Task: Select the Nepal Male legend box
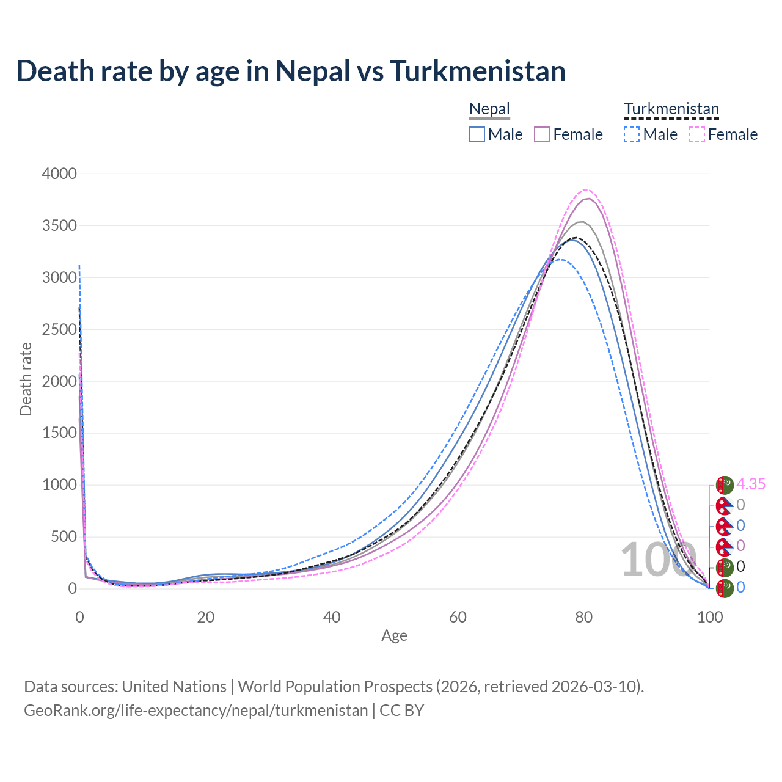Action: coord(477,134)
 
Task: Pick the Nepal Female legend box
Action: coord(542,134)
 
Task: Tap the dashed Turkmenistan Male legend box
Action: coord(632,134)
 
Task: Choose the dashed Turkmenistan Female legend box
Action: coord(697,134)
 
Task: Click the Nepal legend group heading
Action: coord(489,109)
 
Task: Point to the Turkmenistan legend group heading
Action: coord(671,109)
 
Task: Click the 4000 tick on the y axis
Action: coord(59,174)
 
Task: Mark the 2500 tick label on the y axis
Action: coord(59,329)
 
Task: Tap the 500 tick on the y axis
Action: coord(64,537)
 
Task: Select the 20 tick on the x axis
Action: coord(206,617)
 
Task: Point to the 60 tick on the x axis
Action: coord(458,617)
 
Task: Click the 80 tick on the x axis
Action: coord(584,617)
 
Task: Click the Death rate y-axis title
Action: coord(26,379)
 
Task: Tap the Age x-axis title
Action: coord(394,636)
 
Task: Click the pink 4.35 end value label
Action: coord(751,484)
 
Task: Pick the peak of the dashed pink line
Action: coord(585,190)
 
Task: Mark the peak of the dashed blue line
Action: coord(560,260)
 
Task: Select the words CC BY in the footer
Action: coord(401,711)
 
